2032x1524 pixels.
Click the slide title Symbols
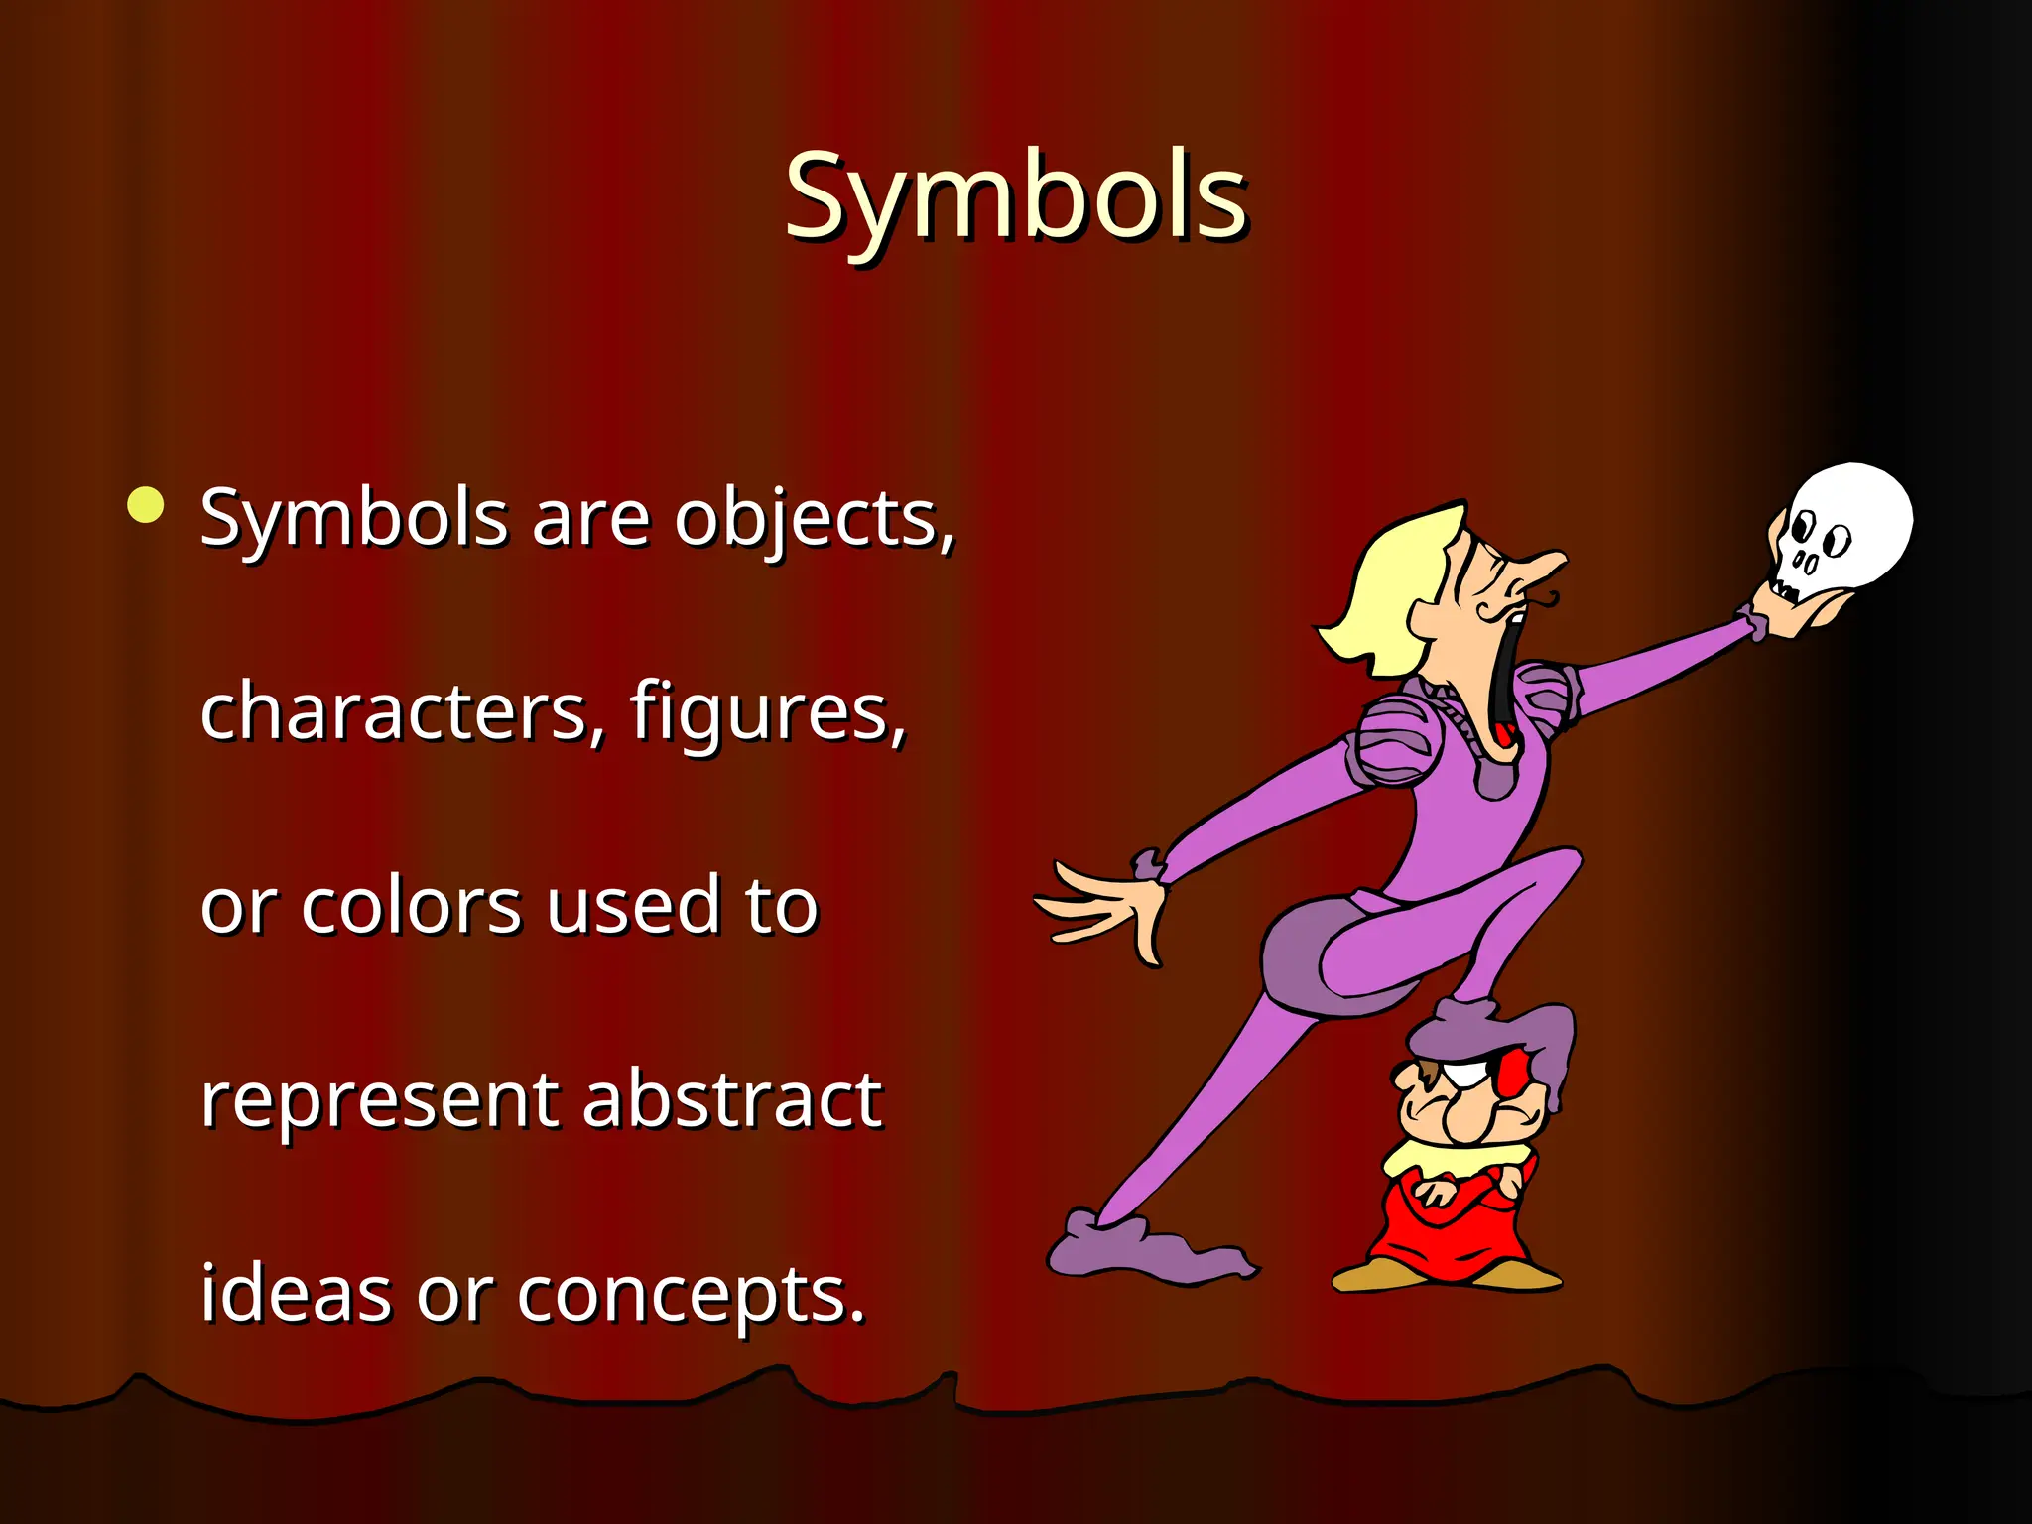click(1015, 198)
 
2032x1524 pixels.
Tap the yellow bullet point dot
click(146, 504)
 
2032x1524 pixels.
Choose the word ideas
click(296, 1294)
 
